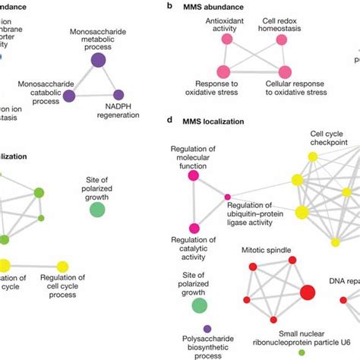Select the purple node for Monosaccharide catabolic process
pyautogui.click(x=70, y=95)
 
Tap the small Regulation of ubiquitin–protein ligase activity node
pyautogui.click(x=227, y=197)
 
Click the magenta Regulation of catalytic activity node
pyautogui.click(x=194, y=228)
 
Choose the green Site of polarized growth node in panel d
pyautogui.click(x=199, y=305)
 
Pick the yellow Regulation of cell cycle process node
pyautogui.click(x=63, y=265)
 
